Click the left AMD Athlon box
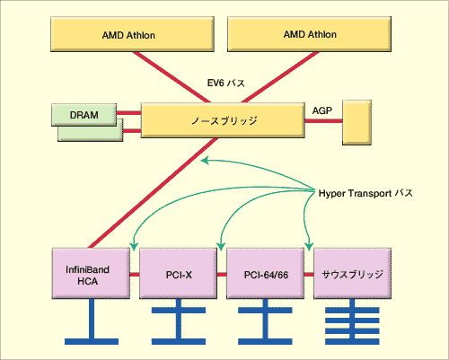click(x=132, y=34)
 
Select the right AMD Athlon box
click(x=309, y=34)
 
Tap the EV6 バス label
click(x=226, y=83)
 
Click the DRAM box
click(x=84, y=115)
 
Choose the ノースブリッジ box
click(x=223, y=120)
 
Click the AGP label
click(x=322, y=110)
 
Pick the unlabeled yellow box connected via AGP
click(x=357, y=123)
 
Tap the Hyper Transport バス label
click(x=365, y=193)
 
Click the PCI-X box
click(x=178, y=273)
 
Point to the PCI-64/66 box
click(x=266, y=273)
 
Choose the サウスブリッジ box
click(x=352, y=273)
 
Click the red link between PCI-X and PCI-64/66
click(x=222, y=275)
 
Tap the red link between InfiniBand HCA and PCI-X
click(x=135, y=275)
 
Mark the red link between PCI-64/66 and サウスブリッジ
click(x=309, y=275)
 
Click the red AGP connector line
click(x=323, y=121)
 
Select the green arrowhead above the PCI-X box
click(x=221, y=247)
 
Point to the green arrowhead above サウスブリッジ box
click(x=309, y=247)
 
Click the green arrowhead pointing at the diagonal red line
click(x=205, y=161)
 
